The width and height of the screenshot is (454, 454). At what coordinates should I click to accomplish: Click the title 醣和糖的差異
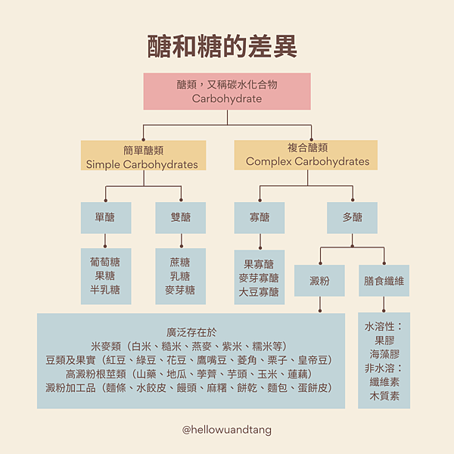click(227, 45)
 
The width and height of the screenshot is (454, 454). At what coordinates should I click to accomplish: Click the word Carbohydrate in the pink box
click(226, 98)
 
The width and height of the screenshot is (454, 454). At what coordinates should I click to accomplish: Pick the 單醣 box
click(105, 217)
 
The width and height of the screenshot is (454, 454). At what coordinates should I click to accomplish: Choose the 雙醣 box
click(180, 217)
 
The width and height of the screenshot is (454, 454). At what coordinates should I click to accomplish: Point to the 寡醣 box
click(259, 217)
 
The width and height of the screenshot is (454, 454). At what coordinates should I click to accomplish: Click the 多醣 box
click(352, 217)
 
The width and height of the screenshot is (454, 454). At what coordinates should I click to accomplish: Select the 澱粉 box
click(320, 281)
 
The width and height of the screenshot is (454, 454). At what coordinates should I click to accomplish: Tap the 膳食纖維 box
click(384, 281)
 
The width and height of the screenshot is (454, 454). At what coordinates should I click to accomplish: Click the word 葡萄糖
click(105, 263)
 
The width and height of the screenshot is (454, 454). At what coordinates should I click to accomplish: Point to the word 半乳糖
click(105, 290)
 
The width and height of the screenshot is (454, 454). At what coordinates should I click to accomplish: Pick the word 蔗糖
click(180, 263)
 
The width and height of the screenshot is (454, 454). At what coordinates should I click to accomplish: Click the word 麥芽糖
click(180, 290)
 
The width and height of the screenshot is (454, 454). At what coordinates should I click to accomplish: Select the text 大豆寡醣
click(259, 291)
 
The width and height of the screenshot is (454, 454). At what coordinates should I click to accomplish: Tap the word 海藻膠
click(384, 355)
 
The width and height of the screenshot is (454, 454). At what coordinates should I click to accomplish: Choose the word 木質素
click(384, 396)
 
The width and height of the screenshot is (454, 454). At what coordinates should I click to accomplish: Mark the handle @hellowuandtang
click(227, 430)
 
